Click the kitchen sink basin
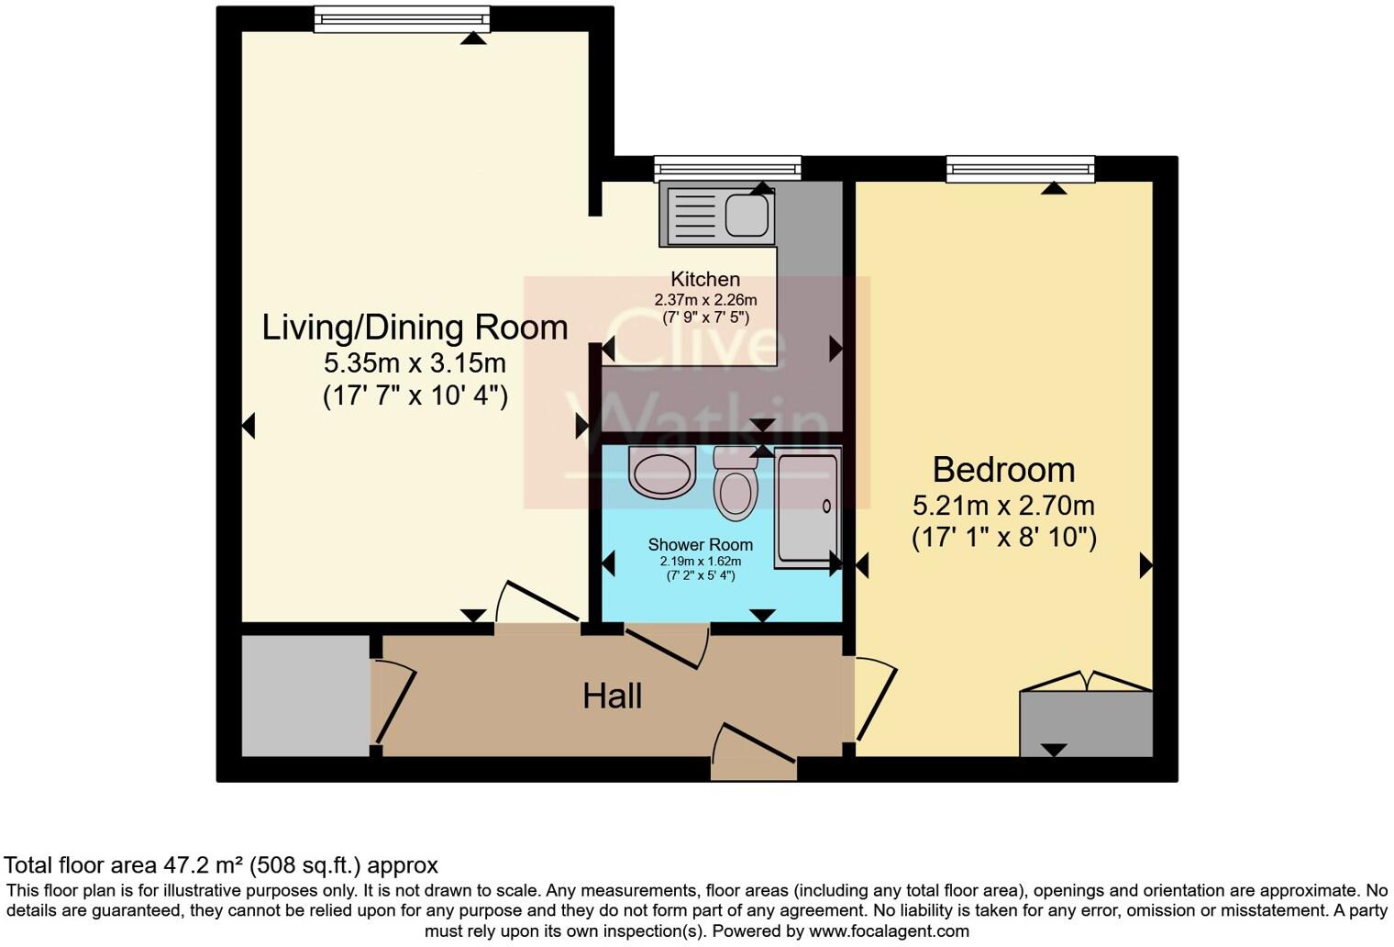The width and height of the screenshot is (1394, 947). [x=747, y=215]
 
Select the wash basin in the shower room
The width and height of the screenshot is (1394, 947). [x=661, y=472]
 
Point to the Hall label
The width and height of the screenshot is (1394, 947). [x=613, y=696]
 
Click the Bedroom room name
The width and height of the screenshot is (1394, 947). [x=1004, y=470]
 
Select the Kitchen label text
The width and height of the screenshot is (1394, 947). [x=705, y=279]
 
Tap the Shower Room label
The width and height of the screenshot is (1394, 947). [x=701, y=545]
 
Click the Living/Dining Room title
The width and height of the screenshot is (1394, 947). [x=415, y=328]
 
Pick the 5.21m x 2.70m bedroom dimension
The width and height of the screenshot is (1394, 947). [x=1004, y=506]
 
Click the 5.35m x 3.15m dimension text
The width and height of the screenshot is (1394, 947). [x=415, y=363]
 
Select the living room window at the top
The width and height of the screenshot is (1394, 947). [x=402, y=19]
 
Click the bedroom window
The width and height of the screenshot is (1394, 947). [x=1020, y=170]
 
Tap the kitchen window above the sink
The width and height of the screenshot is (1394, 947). [x=727, y=169]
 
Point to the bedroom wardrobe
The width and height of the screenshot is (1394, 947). [x=1086, y=723]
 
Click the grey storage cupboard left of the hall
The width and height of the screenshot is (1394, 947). [x=305, y=696]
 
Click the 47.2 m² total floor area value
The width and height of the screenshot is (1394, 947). [x=203, y=865]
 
